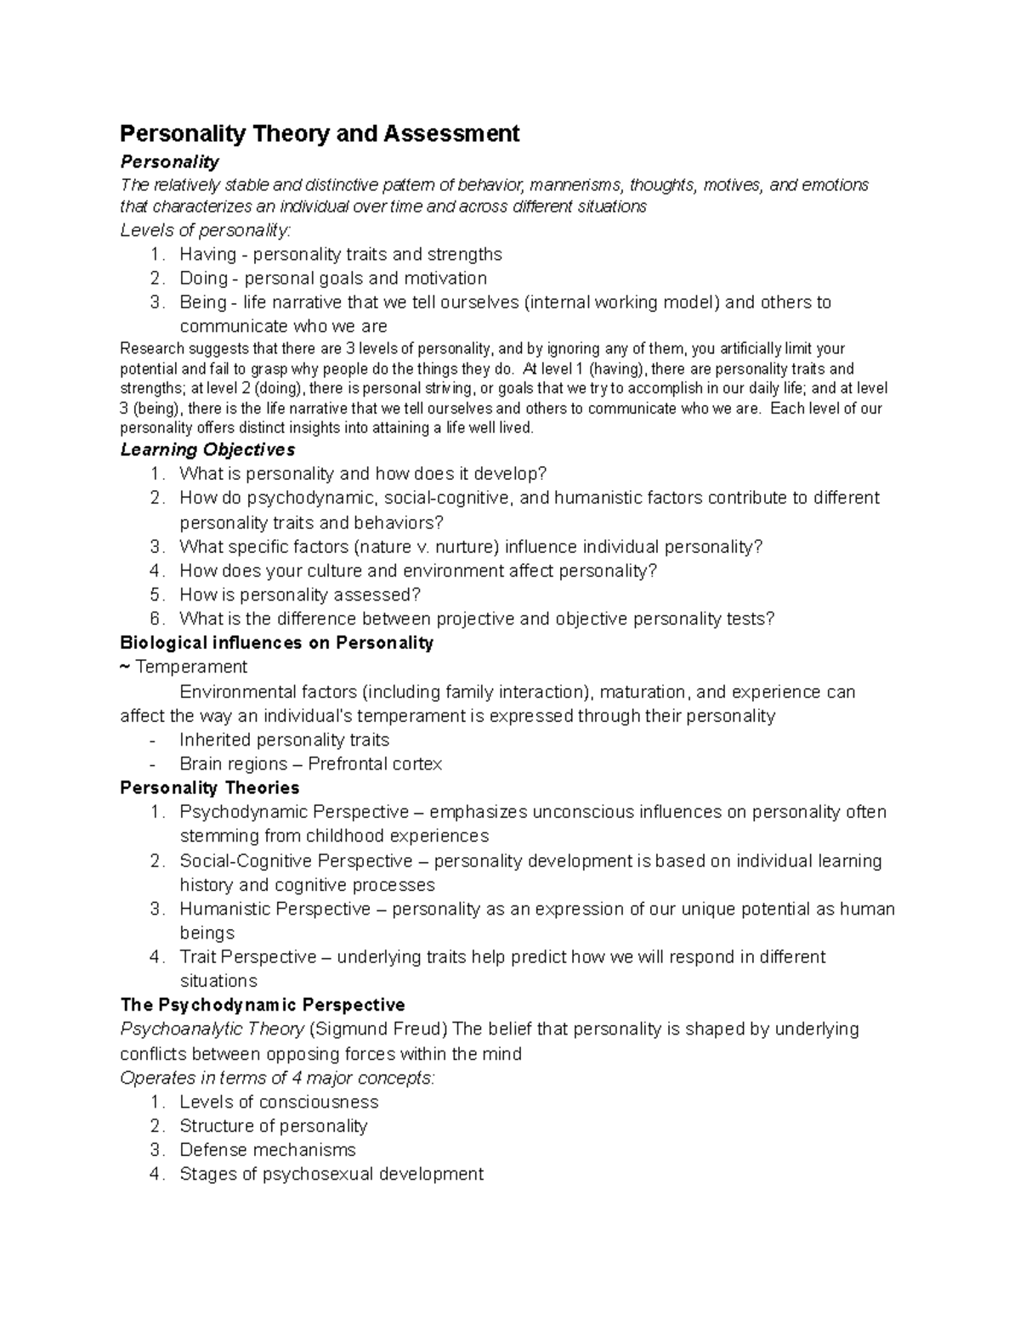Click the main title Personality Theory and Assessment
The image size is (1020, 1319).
pyautogui.click(x=320, y=133)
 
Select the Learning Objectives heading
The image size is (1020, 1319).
pyautogui.click(x=207, y=449)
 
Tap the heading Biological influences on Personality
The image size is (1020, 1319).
pyautogui.click(x=276, y=642)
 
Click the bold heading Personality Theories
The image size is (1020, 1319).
pyautogui.click(x=209, y=787)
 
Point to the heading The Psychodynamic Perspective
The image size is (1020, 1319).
pyautogui.click(x=262, y=1005)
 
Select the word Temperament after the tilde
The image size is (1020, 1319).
pyautogui.click(x=191, y=667)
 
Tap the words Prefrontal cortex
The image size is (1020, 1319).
pyautogui.click(x=375, y=764)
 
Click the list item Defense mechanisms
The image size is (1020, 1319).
pyautogui.click(x=267, y=1150)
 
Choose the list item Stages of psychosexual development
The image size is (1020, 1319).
pyautogui.click(x=331, y=1174)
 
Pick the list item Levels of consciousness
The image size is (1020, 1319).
pyautogui.click(x=279, y=1102)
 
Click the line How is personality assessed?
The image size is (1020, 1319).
pyautogui.click(x=300, y=595)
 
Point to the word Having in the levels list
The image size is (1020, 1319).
pyautogui.click(x=207, y=254)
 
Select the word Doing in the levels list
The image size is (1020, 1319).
pyautogui.click(x=203, y=278)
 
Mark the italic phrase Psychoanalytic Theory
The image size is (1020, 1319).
pyautogui.click(x=212, y=1029)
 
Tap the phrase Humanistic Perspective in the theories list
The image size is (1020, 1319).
pyautogui.click(x=275, y=909)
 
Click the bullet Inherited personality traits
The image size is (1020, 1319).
pyautogui.click(x=284, y=740)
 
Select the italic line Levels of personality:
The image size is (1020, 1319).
pyautogui.click(x=205, y=230)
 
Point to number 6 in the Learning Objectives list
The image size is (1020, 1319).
pyautogui.click(x=155, y=618)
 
